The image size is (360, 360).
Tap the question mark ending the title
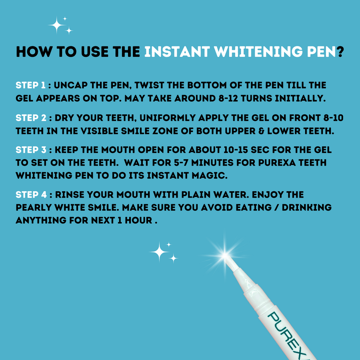click(x=340, y=52)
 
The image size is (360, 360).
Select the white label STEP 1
click(x=31, y=85)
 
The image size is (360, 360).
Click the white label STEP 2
click(x=31, y=118)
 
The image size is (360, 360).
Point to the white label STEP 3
click(x=31, y=150)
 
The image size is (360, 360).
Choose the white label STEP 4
click(x=31, y=195)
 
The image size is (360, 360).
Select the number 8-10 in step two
click(x=333, y=118)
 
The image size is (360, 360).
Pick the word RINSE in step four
click(x=70, y=195)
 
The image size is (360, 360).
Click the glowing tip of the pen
click(x=225, y=255)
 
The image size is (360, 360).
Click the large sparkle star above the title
click(x=56, y=25)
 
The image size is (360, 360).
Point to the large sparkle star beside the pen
click(x=159, y=252)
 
